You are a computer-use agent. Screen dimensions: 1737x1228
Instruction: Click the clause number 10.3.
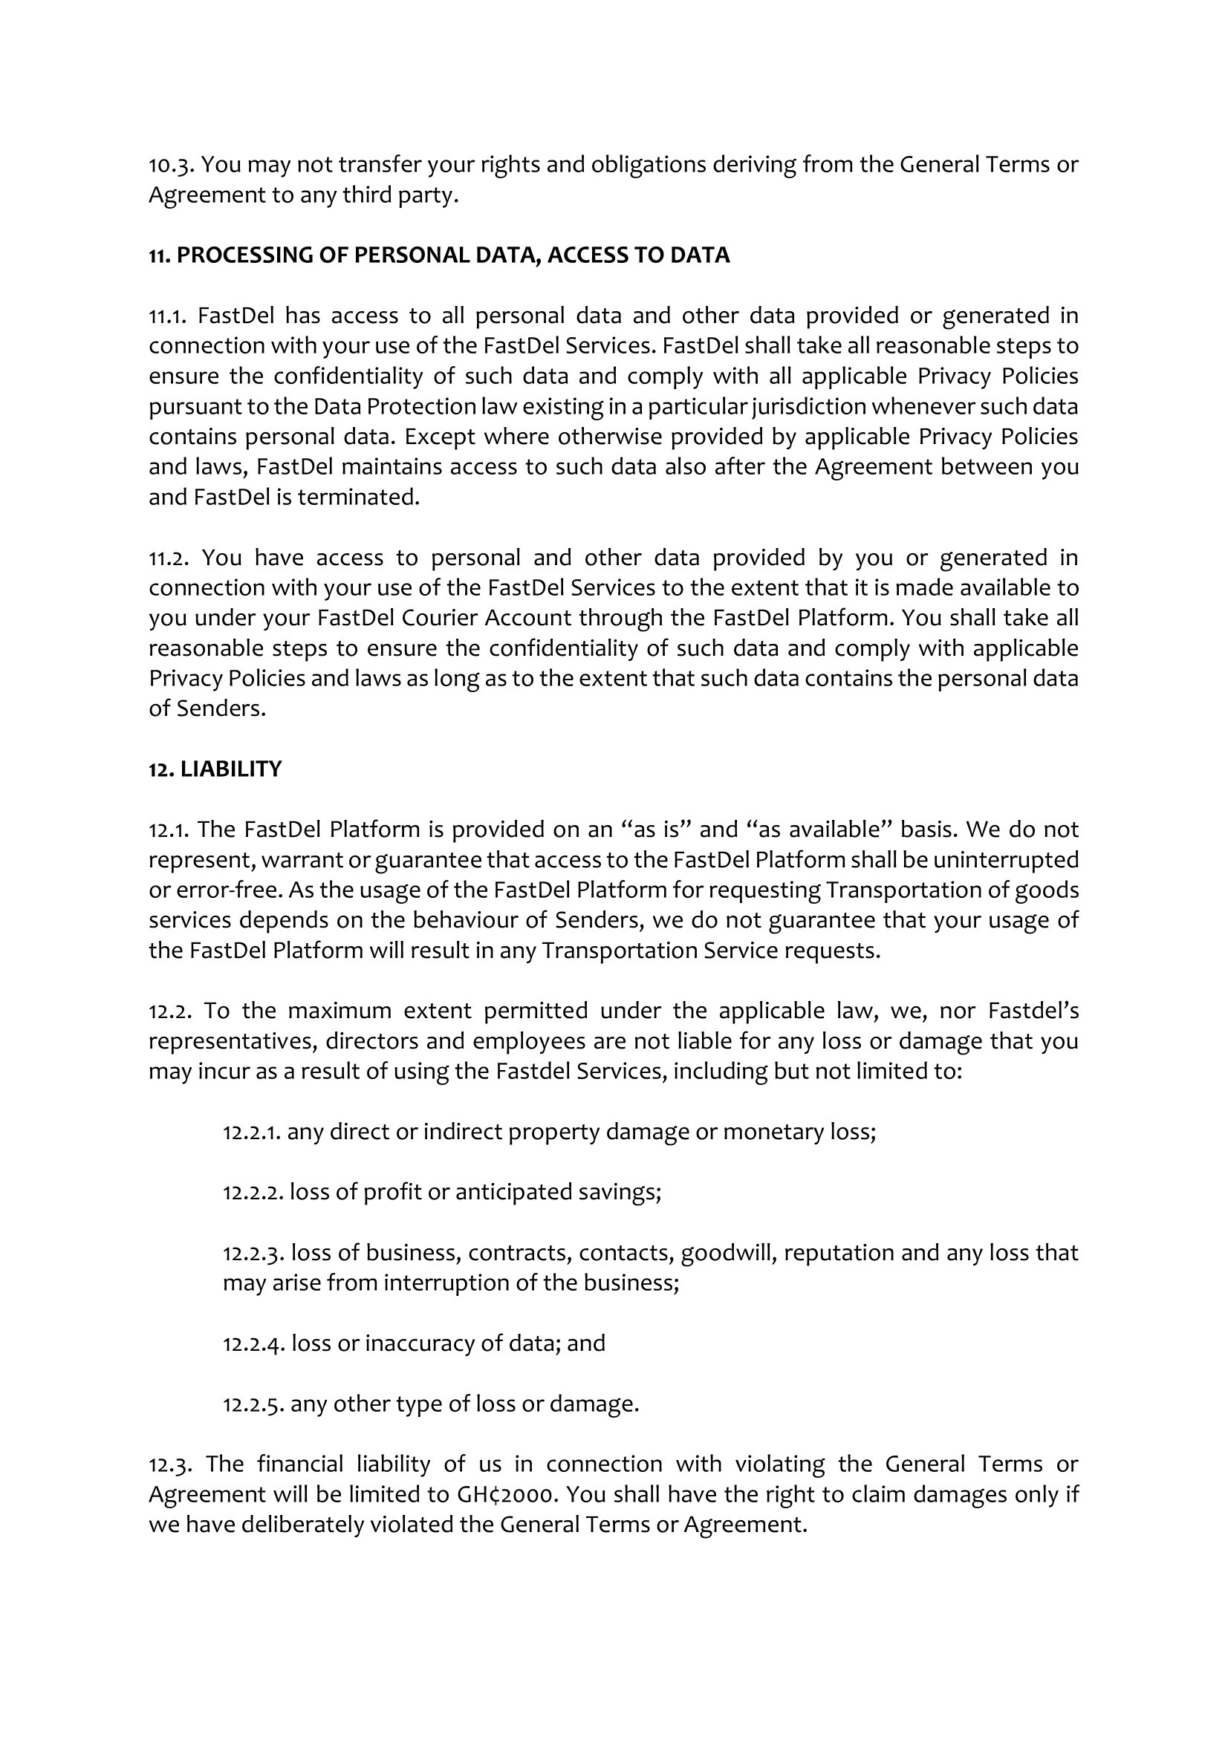click(x=170, y=165)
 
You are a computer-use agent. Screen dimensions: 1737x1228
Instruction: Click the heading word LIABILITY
click(x=231, y=769)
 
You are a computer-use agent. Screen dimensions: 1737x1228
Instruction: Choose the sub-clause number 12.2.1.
click(x=253, y=1133)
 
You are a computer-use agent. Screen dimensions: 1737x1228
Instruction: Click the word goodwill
click(x=729, y=1254)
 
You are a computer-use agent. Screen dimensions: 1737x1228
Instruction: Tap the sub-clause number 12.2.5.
click(x=253, y=1405)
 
